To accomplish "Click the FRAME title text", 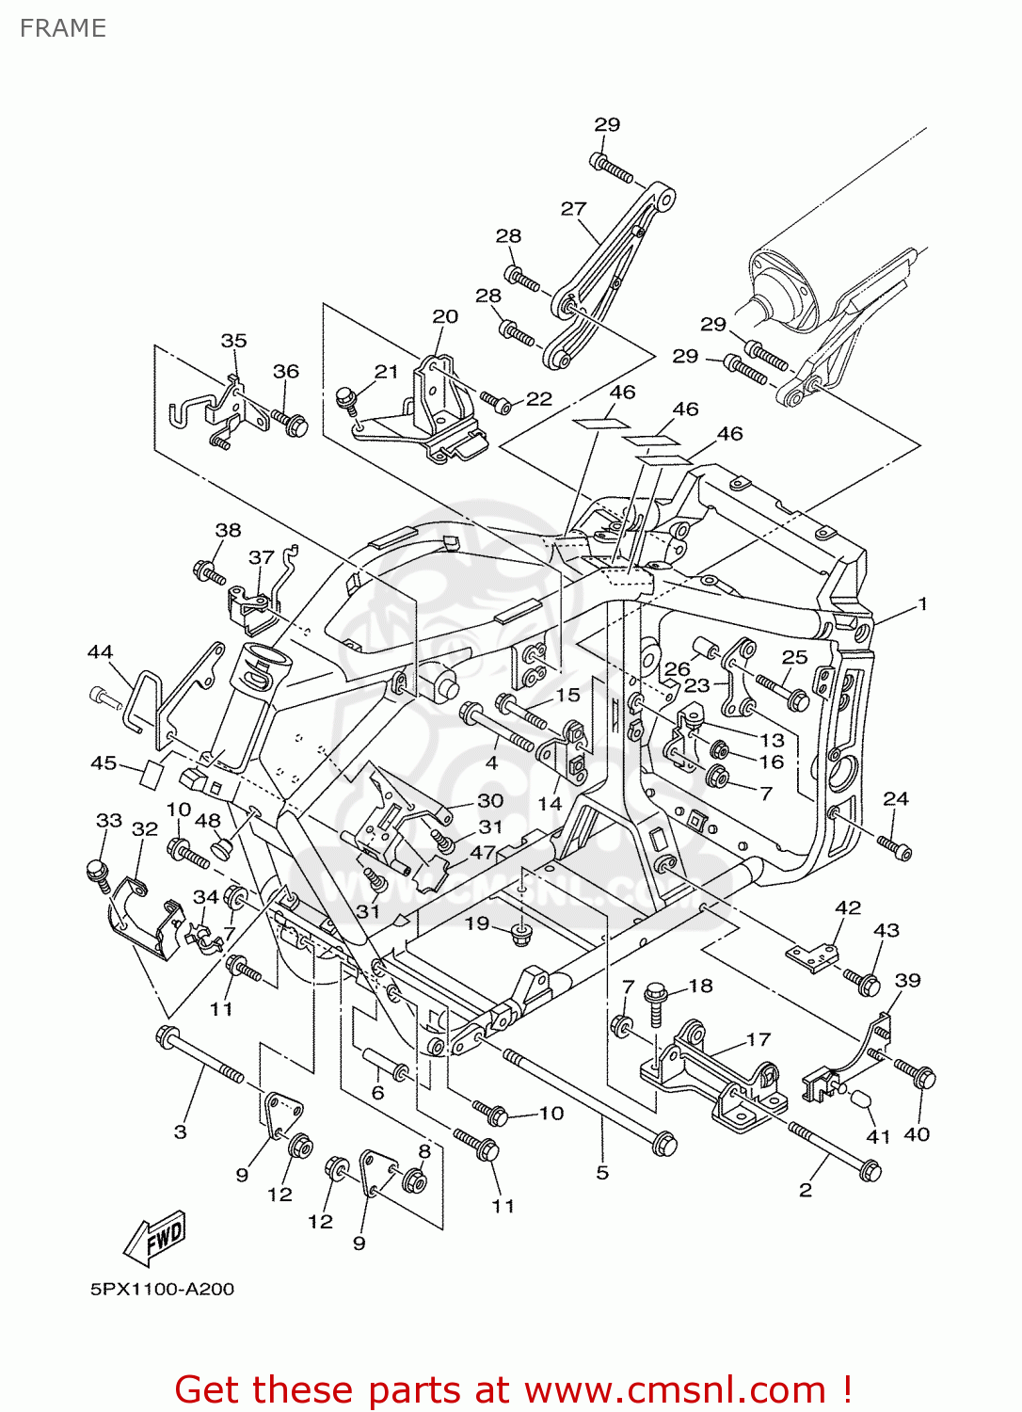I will [63, 28].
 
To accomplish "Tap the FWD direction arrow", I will [156, 1237].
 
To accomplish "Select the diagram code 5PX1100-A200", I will [162, 1289].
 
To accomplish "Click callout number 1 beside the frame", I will [922, 603].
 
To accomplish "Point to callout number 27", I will [573, 209].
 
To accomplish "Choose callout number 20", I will [445, 316].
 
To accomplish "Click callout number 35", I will [233, 341].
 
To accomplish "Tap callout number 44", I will [100, 651].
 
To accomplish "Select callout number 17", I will [759, 1039].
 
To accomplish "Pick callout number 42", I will [848, 907].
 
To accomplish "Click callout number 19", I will [477, 923].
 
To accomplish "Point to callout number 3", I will [181, 1131].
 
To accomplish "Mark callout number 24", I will [896, 798].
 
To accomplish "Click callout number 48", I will [208, 821].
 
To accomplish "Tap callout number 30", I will [490, 800].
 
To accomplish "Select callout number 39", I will [907, 980].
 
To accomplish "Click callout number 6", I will [377, 1092].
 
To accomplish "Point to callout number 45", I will [104, 762].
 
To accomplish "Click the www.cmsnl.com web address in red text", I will [675, 1390].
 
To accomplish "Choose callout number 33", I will [109, 821].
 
